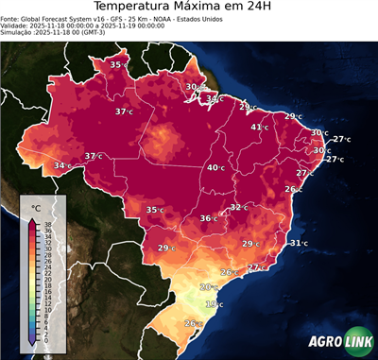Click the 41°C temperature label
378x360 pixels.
[x=259, y=127]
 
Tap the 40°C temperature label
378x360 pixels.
[x=216, y=167]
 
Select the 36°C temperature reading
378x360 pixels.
[x=208, y=218]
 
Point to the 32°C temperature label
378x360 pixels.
[x=239, y=207]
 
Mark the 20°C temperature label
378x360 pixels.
[x=208, y=286]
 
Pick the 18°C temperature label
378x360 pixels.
[x=215, y=304]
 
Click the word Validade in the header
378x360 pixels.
[x=16, y=35]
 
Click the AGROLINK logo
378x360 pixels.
[x=338, y=342]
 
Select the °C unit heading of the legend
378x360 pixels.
[x=36, y=207]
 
